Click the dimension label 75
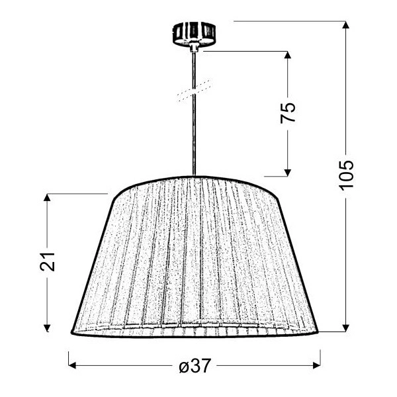(288, 112)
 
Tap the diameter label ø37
(194, 365)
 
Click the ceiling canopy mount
(195, 33)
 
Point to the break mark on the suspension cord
(195, 91)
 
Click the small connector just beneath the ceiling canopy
(195, 47)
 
